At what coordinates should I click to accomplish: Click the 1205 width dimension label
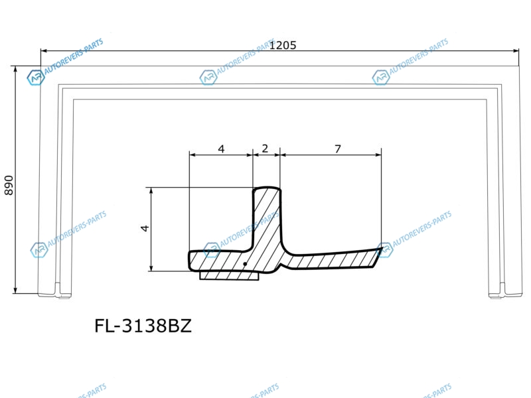coord(283,45)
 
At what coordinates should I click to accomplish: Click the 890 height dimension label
coord(9,185)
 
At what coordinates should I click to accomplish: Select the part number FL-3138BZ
coord(143,326)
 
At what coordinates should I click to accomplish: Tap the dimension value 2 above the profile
coord(265,148)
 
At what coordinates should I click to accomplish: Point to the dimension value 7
coord(338,149)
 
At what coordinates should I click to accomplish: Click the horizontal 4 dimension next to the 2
coord(221,149)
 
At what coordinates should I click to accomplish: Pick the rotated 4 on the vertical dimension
coord(145,228)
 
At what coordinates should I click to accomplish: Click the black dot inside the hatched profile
coord(245,264)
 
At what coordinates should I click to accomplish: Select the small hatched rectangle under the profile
coord(229,276)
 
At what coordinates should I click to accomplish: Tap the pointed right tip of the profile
coord(382,248)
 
